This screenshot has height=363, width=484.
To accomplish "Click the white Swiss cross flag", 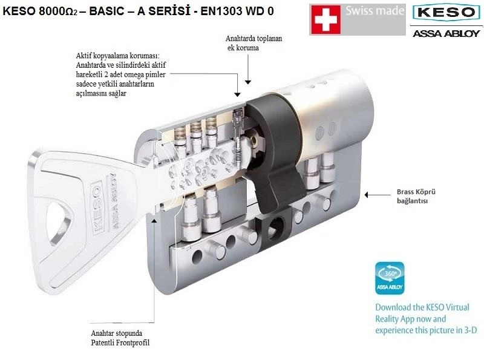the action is pyautogui.click(x=325, y=19).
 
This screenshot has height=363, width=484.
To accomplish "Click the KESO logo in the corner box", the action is pyautogui.click(x=446, y=12).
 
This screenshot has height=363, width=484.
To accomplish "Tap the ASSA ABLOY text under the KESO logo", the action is pyautogui.click(x=446, y=33).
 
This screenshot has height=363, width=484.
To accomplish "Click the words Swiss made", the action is pyautogui.click(x=374, y=10).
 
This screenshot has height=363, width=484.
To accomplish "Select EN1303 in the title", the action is pyautogui.click(x=220, y=11).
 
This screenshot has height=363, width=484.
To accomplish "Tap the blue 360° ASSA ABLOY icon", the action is pyautogui.click(x=390, y=278).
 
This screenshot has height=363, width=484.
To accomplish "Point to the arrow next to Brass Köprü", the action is pyautogui.click(x=378, y=195).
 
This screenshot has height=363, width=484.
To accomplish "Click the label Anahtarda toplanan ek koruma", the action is pyautogui.click(x=253, y=43).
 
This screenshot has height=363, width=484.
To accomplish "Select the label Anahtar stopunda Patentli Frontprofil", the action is pyautogui.click(x=120, y=338).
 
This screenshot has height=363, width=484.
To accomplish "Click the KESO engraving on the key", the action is pyautogui.click(x=96, y=206).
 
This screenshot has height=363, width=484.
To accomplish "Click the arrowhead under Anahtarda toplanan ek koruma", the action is pyautogui.click(x=248, y=82).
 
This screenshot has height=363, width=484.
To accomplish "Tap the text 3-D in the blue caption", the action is pyautogui.click(x=471, y=330).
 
